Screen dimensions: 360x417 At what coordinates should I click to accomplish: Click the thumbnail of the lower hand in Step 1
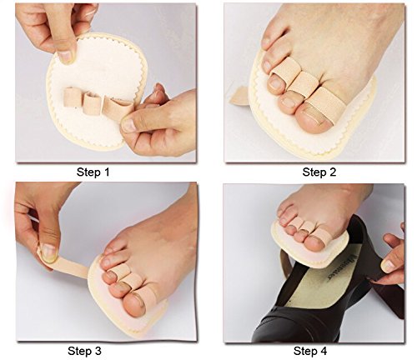[x=128, y=125]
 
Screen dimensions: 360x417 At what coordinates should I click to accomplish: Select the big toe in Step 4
[x=315, y=242]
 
